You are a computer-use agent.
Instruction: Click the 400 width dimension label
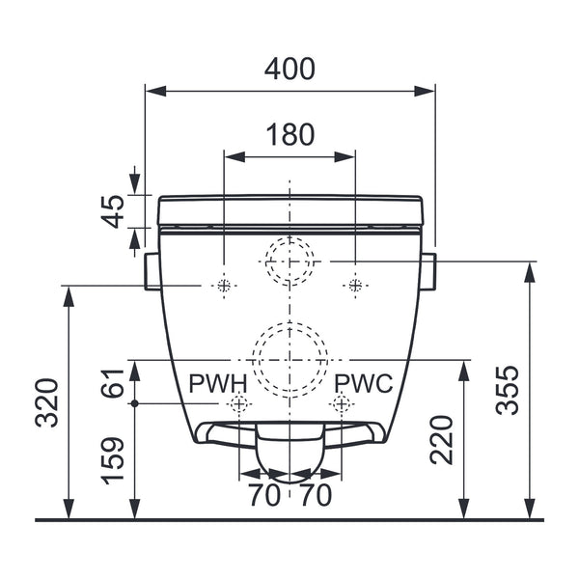[x=289, y=69]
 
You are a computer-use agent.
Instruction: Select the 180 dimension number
[x=290, y=134]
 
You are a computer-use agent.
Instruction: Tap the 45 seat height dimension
[x=113, y=211]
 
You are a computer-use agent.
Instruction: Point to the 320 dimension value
[x=47, y=402]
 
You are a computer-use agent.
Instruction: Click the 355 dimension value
[x=507, y=391]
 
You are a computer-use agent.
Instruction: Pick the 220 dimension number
[x=441, y=440]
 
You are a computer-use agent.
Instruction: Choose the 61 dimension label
[x=113, y=383]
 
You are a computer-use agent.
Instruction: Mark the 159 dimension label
[x=113, y=460]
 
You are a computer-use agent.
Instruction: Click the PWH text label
[x=217, y=383]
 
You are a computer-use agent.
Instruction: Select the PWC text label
[x=364, y=383]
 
